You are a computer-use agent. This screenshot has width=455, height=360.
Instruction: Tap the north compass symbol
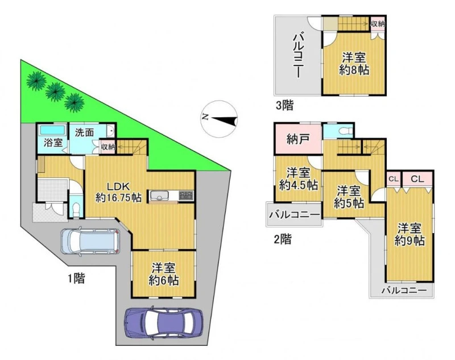(x=219, y=118)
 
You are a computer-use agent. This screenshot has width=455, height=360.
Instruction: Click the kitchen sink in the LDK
(x=159, y=196)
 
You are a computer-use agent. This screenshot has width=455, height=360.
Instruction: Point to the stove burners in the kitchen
(x=186, y=195)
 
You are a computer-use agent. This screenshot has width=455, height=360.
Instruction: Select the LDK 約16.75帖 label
(x=119, y=192)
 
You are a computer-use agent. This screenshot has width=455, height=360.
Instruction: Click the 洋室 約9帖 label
(x=409, y=234)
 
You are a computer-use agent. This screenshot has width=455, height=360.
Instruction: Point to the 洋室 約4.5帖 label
(x=298, y=179)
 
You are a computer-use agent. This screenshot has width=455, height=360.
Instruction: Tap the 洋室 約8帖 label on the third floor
(x=354, y=64)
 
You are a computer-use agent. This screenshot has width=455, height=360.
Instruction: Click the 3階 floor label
(x=284, y=105)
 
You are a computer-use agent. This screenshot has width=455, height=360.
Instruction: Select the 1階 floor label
(x=76, y=279)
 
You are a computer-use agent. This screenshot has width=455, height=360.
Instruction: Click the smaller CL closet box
(x=393, y=179)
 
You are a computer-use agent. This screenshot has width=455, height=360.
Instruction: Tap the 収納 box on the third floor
(x=378, y=24)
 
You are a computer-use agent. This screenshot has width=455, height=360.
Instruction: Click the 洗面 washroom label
(x=84, y=133)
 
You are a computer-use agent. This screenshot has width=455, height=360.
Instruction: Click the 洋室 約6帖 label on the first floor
(x=164, y=274)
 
